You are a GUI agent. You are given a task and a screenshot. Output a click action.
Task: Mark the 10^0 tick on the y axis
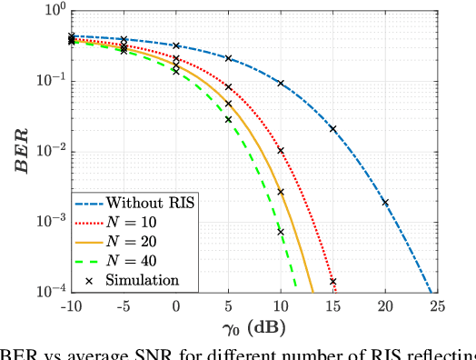[x=53, y=11]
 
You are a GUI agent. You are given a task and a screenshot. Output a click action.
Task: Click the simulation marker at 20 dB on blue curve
[x=385, y=203]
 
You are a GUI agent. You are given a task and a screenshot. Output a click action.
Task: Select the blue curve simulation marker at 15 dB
[x=333, y=129]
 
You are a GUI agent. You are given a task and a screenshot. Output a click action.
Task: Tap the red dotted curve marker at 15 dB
[x=333, y=282]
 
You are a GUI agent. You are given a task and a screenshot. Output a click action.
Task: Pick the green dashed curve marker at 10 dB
[x=281, y=232]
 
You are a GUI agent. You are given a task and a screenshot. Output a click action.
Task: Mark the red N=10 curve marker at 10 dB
[x=281, y=150]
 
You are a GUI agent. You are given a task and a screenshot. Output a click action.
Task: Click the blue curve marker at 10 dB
[x=281, y=84]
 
